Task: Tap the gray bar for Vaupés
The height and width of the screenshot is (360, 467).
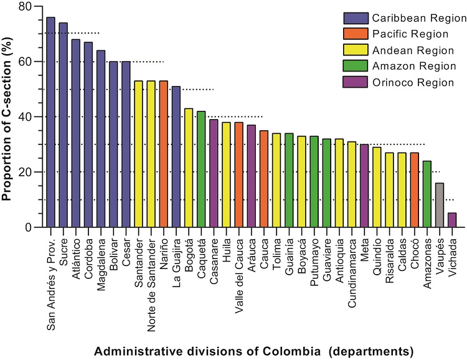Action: (x=440, y=205)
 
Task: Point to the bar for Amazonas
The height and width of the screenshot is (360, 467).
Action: (x=427, y=194)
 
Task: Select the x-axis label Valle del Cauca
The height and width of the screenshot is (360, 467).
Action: (x=239, y=268)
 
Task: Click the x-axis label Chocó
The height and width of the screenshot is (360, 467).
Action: (x=415, y=249)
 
